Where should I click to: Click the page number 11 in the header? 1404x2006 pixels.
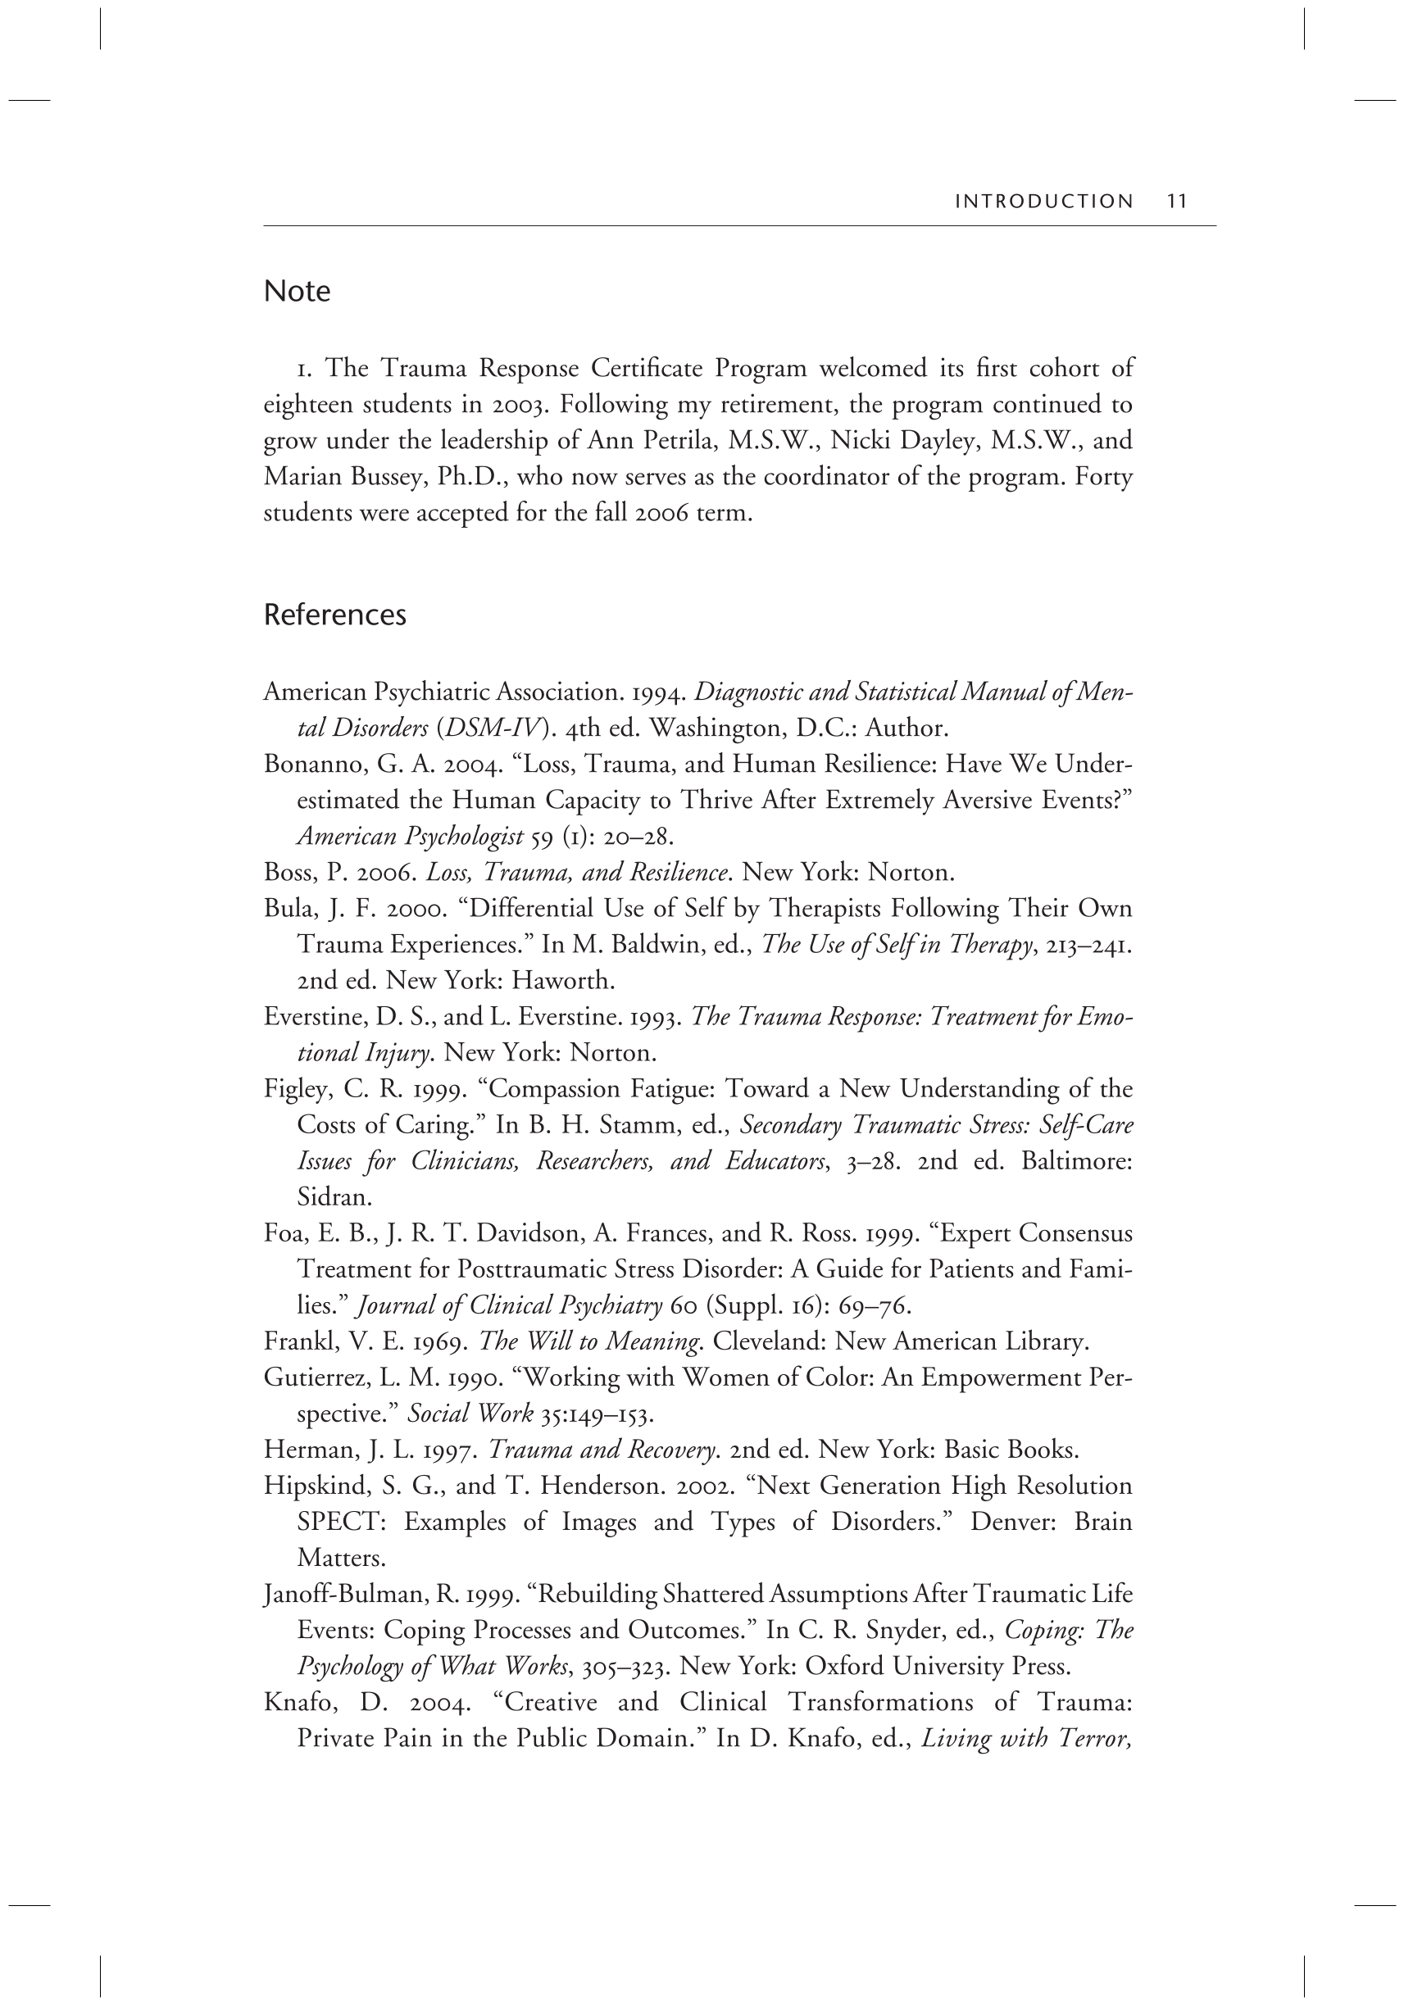click(1176, 201)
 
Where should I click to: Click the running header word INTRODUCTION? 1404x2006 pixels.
click(1044, 202)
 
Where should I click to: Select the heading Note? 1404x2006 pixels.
click(297, 291)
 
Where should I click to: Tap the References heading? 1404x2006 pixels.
click(334, 615)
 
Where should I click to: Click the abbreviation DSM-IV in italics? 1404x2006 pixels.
click(495, 728)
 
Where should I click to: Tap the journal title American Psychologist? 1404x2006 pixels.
click(410, 837)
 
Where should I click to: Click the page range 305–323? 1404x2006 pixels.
click(625, 1667)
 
